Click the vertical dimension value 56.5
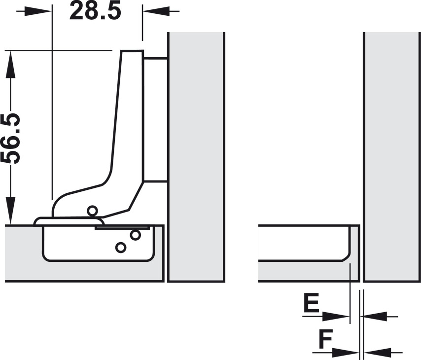pyautogui.click(x=10, y=139)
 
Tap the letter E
pyautogui.click(x=311, y=303)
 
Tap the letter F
pyautogui.click(x=326, y=339)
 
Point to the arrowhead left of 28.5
pyautogui.click(x=38, y=11)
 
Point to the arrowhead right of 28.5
pyautogui.click(x=156, y=11)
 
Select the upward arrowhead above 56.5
pyautogui.click(x=10, y=64)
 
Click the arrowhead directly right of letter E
pyautogui.click(x=336, y=317)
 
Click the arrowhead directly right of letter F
pyautogui.click(x=345, y=352)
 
